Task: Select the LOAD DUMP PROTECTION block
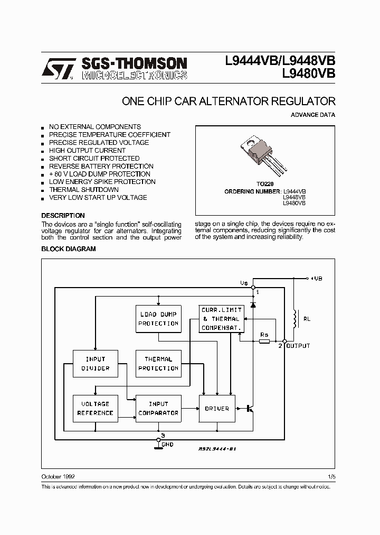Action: point(158,319)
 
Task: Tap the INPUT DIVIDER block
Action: point(96,363)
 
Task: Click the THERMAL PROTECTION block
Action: point(158,363)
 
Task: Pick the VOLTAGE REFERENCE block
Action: point(96,408)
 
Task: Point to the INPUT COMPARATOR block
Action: point(158,408)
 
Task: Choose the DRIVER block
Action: point(216,408)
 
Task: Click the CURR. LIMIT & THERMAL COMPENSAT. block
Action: point(221,319)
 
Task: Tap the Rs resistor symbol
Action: point(264,342)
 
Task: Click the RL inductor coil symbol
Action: point(295,319)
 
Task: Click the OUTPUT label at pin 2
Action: point(298,346)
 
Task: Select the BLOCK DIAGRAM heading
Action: point(69,248)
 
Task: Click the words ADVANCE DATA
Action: point(313,115)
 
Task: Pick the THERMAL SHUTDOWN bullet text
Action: point(83,190)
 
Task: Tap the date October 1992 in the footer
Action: point(58,476)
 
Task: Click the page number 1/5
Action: point(331,476)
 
